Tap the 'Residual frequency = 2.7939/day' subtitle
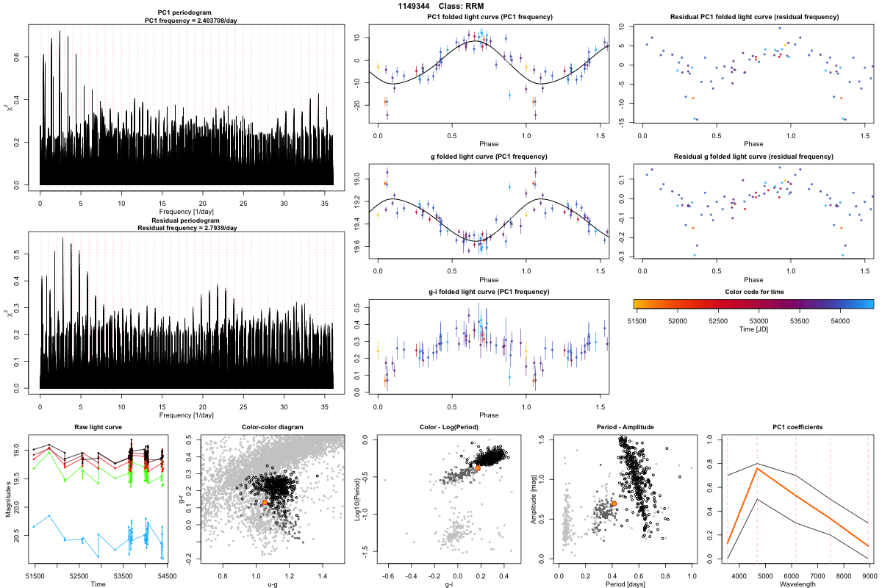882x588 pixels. pos(187,228)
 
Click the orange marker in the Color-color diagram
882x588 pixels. pos(265,502)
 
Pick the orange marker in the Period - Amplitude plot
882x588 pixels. pos(614,504)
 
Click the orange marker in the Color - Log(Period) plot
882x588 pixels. pos(478,467)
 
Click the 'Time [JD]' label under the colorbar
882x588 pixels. pos(753,330)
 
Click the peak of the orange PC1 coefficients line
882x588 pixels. pos(756,468)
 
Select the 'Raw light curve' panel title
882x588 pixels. pos(98,427)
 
